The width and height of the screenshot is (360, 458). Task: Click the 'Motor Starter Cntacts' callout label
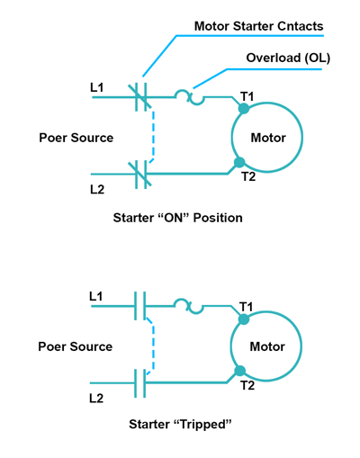pos(258,26)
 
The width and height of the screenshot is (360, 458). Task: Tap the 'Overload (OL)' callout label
pos(288,58)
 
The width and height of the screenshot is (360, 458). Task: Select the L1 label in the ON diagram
pos(97,87)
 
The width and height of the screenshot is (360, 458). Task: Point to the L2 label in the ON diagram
pos(97,190)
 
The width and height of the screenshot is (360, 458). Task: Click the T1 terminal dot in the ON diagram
pos(244,108)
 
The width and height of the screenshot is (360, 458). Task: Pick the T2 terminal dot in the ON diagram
pos(239,163)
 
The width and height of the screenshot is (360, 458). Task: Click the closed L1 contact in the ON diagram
pos(140,97)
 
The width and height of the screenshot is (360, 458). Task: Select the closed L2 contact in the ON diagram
pos(140,175)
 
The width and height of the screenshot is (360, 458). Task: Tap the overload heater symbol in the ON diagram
pos(190,97)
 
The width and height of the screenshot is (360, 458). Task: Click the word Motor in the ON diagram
pos(268,138)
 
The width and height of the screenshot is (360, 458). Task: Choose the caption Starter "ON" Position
pos(178,218)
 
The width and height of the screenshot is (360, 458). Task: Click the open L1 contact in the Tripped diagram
pos(139,306)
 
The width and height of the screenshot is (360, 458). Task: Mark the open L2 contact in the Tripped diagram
pos(139,383)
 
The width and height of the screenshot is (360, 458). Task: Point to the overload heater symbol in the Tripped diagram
pos(189,306)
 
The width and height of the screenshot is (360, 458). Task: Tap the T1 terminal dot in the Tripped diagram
pos(244,319)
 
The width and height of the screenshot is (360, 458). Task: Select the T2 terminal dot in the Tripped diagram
pos(239,371)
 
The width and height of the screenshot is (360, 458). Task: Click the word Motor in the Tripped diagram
pos(267,346)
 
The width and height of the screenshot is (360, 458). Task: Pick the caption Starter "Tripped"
pos(180,425)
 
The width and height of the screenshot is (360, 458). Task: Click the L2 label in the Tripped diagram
pos(96,399)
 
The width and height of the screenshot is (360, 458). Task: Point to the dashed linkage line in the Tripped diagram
pos(153,346)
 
